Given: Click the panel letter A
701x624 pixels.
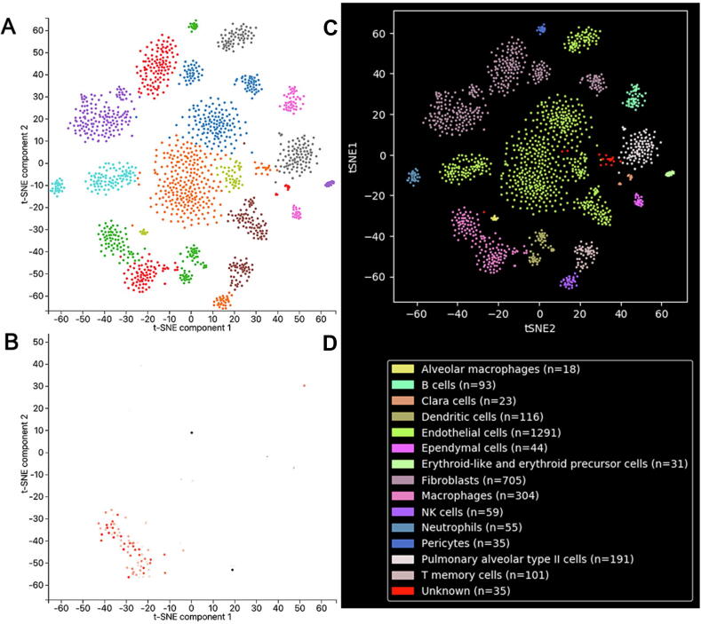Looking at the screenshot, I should pyautogui.click(x=8, y=27).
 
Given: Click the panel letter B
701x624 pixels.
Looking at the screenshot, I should pyautogui.click(x=8, y=341).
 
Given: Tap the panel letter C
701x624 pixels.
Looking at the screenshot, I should pyautogui.click(x=330, y=28).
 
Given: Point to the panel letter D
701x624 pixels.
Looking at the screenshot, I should pyautogui.click(x=330, y=341).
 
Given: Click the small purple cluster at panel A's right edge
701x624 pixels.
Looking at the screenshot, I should pyautogui.click(x=329, y=184).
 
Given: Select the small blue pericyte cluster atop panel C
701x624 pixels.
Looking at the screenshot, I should pyautogui.click(x=540, y=29).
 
